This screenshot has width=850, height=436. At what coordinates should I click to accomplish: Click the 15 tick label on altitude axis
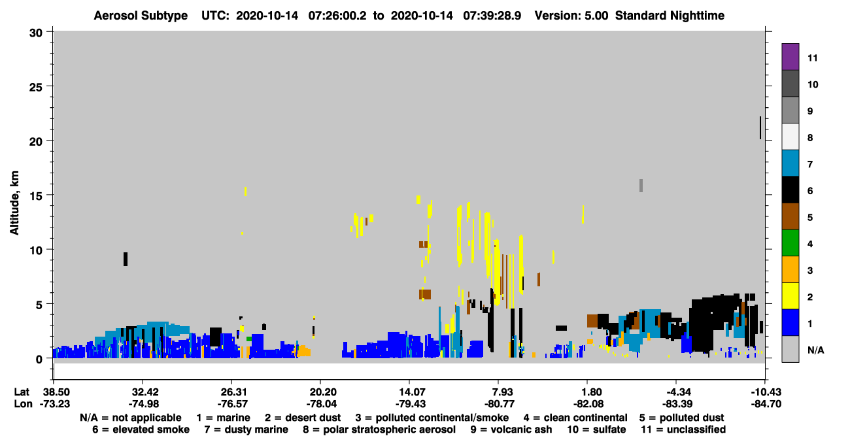pyautogui.click(x=36, y=196)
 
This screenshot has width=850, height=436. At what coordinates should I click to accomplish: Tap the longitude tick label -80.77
pyautogui.click(x=500, y=404)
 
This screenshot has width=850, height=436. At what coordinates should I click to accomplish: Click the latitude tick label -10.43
pyautogui.click(x=766, y=392)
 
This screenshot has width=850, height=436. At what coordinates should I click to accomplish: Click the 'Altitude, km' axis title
pyautogui.click(x=14, y=203)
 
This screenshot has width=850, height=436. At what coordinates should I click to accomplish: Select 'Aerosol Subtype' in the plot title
pyautogui.click(x=141, y=16)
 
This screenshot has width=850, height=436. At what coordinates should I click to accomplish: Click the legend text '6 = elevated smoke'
pyautogui.click(x=141, y=429)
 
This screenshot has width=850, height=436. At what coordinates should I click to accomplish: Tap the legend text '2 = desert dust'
pyautogui.click(x=303, y=418)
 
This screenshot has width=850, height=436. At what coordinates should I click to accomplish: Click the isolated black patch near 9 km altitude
pyautogui.click(x=126, y=259)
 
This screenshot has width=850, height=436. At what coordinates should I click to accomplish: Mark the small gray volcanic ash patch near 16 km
pyautogui.click(x=641, y=186)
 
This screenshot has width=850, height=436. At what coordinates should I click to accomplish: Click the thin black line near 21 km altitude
pyautogui.click(x=760, y=127)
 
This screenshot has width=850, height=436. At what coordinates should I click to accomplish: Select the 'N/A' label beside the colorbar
pyautogui.click(x=815, y=350)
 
